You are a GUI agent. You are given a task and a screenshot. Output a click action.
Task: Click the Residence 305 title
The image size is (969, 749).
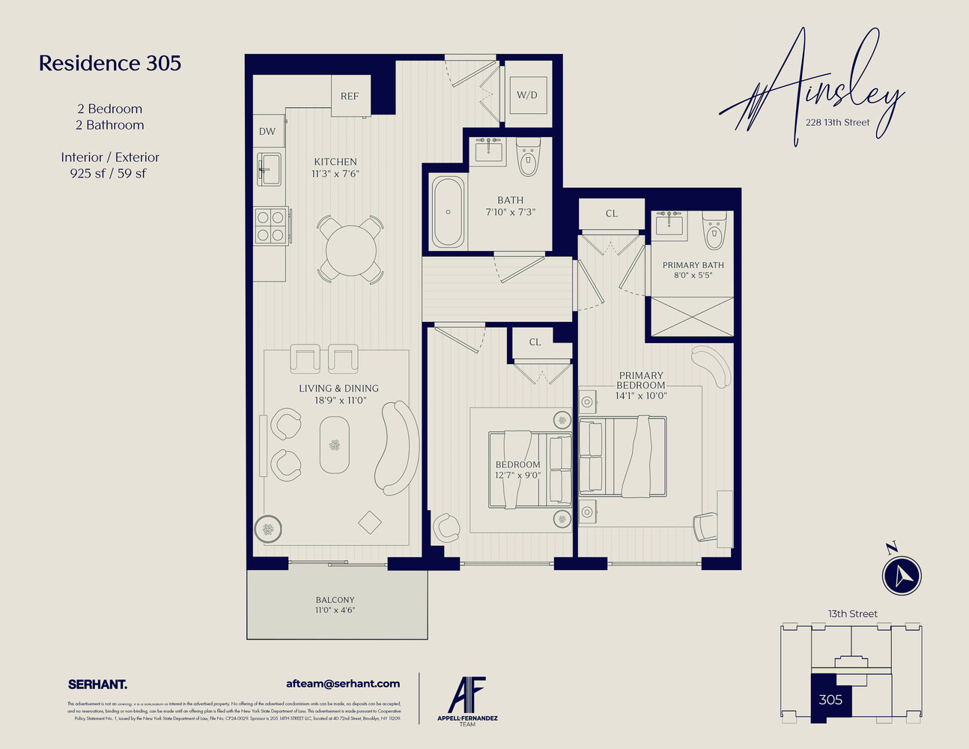(110, 64)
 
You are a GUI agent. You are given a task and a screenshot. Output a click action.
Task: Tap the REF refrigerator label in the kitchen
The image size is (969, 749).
(350, 96)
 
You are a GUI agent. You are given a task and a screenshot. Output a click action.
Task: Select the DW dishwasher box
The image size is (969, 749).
(267, 131)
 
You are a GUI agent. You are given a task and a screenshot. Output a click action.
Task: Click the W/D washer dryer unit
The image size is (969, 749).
(527, 95)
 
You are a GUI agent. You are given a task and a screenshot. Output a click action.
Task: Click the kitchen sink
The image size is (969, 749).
(269, 169)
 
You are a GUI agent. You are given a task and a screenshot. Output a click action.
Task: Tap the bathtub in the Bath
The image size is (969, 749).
(448, 212)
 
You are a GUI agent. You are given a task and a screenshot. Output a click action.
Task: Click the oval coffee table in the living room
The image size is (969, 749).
(334, 445)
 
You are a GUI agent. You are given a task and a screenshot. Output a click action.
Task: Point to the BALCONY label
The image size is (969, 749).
(335, 600)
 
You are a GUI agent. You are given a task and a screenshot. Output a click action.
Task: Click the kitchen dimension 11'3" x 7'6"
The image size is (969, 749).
(335, 174)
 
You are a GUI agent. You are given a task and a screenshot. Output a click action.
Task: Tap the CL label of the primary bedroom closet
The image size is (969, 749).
(612, 213)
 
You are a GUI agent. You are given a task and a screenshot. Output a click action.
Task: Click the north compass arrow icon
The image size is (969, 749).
(902, 574)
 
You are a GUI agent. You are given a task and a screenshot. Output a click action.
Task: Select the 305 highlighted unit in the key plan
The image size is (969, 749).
(830, 700)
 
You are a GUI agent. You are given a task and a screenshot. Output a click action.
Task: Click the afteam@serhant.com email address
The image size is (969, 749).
(343, 684)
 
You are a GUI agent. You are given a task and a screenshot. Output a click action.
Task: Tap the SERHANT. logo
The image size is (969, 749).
(97, 685)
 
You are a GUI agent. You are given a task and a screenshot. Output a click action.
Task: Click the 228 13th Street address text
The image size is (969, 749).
(837, 123)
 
